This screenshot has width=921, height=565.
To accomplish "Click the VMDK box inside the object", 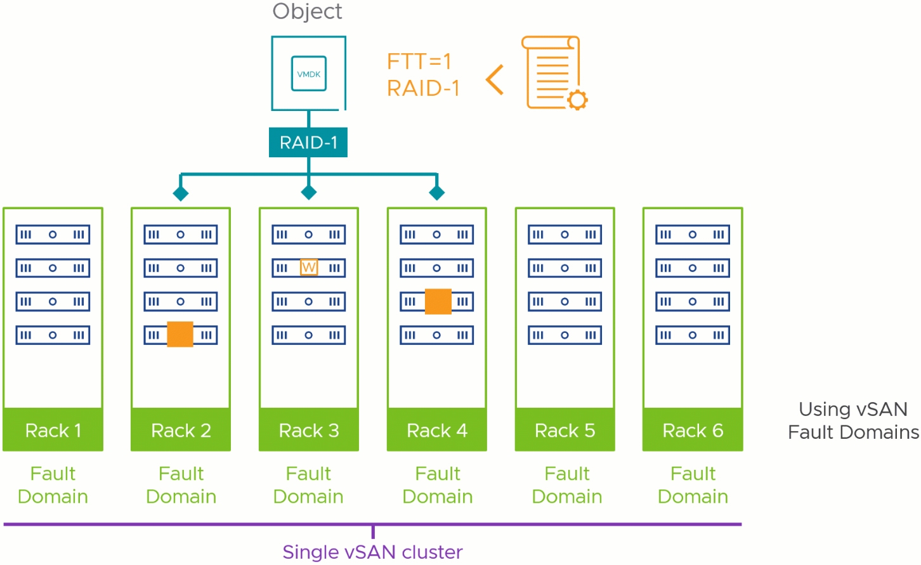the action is pos(309,74).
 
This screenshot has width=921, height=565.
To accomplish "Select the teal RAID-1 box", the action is pos(308,142).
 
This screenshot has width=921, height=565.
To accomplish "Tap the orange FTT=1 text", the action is pos(419,62).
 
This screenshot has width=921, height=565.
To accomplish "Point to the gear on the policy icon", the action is pos(577,100).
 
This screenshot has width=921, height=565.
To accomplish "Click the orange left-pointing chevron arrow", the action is pos(495,80).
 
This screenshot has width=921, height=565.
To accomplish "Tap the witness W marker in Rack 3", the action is pos(309,268).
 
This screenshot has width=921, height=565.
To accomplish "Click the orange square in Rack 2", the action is pos(180,334).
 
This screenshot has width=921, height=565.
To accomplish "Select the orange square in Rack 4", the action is pos(438,301).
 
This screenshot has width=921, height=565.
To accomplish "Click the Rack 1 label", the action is pos(53,431).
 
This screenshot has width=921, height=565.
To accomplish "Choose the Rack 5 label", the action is pos(565,431).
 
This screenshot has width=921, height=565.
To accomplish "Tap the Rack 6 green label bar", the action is pos(693,429).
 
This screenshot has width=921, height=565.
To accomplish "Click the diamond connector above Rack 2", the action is pos(181,193).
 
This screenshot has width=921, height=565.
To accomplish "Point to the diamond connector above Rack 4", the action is pos(436,192).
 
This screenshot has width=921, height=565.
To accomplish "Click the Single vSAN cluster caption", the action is pos(372,552).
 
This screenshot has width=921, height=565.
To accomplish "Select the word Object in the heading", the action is pos(307,11).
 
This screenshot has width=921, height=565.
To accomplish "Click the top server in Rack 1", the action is pos(53,234).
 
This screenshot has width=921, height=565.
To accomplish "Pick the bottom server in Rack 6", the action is pos(693,335).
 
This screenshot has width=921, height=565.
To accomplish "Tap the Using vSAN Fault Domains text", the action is pos(854,421).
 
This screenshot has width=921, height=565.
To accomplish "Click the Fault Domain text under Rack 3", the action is pos(308,485).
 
